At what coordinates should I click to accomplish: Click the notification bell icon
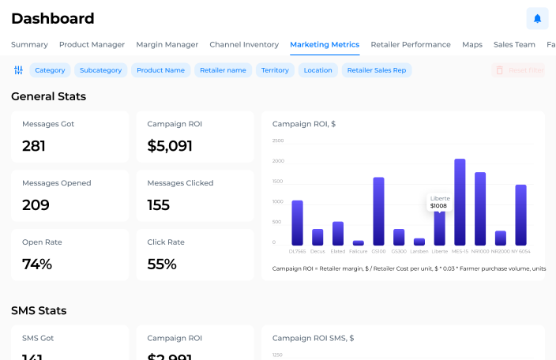[537, 18]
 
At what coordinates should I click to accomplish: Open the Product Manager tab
[92, 45]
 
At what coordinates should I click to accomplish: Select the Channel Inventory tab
[244, 45]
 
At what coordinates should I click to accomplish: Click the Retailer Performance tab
[411, 45]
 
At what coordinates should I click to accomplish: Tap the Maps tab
[472, 45]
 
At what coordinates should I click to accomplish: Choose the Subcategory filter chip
[101, 70]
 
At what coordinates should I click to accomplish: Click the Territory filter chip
[275, 70]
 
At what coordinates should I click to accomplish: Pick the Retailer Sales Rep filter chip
[377, 70]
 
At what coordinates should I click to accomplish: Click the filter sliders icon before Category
[18, 70]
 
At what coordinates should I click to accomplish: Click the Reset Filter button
[519, 70]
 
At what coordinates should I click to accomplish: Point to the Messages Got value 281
[34, 146]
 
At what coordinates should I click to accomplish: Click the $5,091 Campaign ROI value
[170, 146]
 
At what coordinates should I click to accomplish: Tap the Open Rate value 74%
[37, 264]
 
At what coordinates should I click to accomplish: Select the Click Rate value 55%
[162, 264]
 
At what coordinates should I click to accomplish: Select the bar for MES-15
[460, 202]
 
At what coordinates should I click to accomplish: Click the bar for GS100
[378, 212]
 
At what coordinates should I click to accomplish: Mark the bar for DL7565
[297, 223]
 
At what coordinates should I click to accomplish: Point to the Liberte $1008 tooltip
[438, 201]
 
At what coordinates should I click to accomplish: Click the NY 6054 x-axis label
[520, 252]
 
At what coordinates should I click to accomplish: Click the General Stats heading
[48, 96]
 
